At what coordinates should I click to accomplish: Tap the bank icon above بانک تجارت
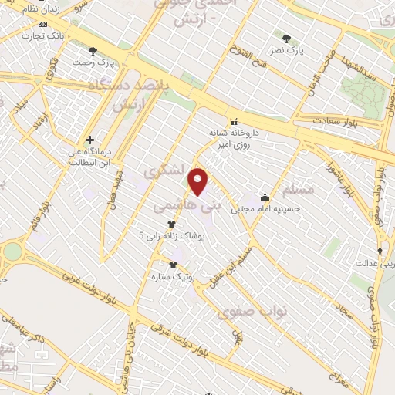tap(42, 25)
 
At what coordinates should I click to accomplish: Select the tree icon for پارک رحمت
tap(93, 51)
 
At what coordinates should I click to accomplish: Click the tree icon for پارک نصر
tap(286, 39)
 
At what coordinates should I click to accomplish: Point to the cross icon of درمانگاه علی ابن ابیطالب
tap(90, 140)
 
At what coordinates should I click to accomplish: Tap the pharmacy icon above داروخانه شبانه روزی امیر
tap(232, 121)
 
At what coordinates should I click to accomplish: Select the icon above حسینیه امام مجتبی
tap(265, 197)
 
